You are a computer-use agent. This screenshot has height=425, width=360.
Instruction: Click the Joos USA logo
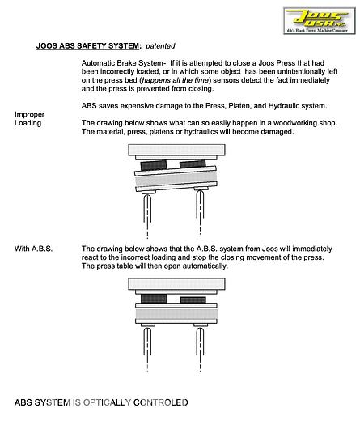tap(320, 20)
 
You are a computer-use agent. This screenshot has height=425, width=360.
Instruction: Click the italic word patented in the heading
tap(160, 46)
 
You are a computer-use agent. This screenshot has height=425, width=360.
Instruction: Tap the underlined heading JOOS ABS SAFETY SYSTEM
tap(87, 46)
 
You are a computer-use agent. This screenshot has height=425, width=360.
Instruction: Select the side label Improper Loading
tap(29, 119)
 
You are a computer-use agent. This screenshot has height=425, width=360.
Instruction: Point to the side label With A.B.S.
tap(33, 249)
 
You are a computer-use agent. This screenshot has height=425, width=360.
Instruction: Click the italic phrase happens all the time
tap(176, 80)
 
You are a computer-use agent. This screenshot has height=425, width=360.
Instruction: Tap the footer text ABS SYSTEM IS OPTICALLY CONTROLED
tap(101, 402)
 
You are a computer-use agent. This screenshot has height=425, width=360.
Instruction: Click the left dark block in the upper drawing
tap(154, 165)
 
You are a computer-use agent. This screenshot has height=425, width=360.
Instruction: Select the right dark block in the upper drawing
tap(193, 164)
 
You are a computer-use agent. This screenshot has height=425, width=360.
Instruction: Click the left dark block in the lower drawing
tap(154, 299)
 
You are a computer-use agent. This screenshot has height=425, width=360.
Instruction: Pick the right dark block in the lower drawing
tap(193, 300)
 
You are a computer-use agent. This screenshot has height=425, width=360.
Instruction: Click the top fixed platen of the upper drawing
tap(176, 150)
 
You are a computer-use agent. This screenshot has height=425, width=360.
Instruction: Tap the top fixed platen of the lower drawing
tap(176, 284)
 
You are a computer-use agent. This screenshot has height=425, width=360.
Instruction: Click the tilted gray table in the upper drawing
tap(176, 179)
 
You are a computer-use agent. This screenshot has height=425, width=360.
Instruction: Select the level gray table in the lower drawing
tap(176, 313)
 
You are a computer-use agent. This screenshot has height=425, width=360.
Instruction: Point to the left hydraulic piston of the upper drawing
tap(147, 214)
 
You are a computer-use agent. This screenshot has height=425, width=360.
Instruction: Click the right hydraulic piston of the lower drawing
tap(200, 348)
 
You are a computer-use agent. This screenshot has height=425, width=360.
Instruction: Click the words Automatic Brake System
tap(122, 63)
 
